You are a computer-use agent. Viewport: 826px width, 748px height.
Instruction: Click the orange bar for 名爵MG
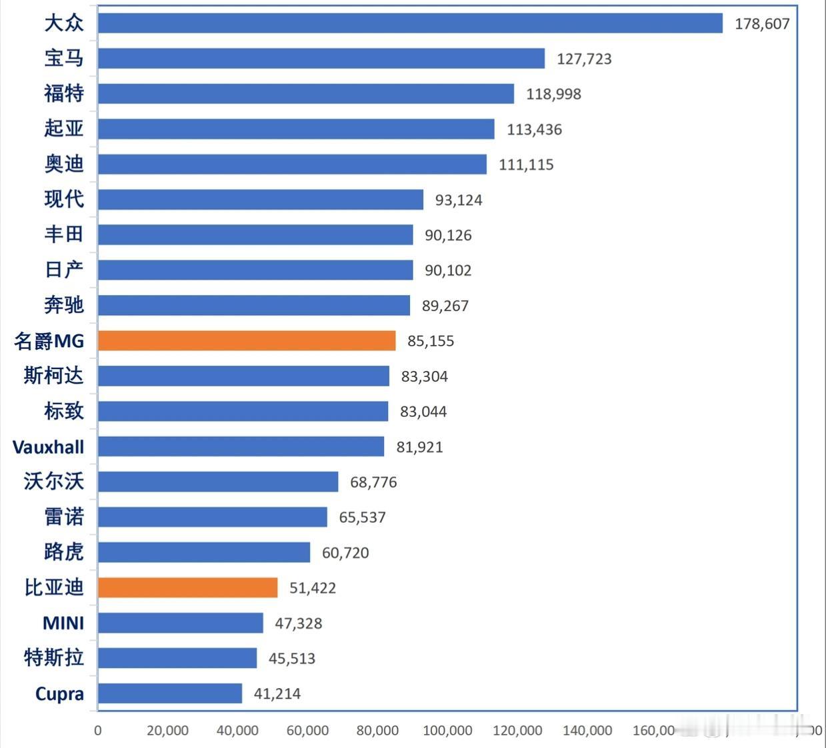coord(247,340)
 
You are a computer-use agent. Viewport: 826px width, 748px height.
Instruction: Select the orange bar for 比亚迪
coord(187,587)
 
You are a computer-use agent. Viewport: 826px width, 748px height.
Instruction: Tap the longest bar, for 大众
coord(410,23)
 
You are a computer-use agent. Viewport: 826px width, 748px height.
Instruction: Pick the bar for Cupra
coord(170,693)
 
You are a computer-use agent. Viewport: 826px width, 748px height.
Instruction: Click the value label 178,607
coord(762,24)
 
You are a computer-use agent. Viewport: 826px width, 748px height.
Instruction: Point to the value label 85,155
coord(431,341)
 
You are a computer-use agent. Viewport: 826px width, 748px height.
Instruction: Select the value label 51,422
coord(313,588)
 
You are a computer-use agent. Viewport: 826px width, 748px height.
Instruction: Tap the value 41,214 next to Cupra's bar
coord(277,694)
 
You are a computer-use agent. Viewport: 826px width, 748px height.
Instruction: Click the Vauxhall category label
coord(49,447)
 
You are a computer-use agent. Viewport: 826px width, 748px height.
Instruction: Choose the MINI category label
coord(63,623)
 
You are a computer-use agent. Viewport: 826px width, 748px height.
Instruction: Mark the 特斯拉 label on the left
coord(54,658)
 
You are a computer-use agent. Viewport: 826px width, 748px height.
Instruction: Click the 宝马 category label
coord(64,59)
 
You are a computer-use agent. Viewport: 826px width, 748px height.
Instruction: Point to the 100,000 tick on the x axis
coord(447,731)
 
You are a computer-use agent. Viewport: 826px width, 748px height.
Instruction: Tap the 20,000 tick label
coord(167,731)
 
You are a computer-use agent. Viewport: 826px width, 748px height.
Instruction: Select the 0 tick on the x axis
coord(98,731)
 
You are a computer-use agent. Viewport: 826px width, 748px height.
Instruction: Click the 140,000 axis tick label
coord(587,731)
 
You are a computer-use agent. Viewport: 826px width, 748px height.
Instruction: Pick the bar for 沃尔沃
coord(218,482)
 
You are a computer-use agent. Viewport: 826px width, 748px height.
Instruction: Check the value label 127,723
coord(584,59)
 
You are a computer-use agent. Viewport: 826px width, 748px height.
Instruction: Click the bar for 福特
coord(306,94)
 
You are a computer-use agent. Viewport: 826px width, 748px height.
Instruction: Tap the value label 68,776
coord(373,482)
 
